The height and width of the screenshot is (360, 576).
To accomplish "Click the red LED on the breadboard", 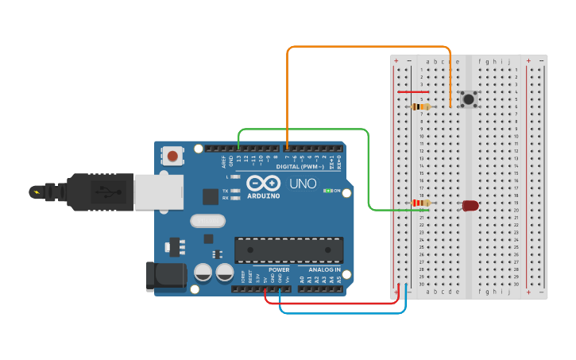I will (470, 205).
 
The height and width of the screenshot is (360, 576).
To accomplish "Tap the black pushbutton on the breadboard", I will (469, 99).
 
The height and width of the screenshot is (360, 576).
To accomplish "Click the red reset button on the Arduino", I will (172, 156).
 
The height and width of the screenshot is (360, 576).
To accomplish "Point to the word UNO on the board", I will (303, 184).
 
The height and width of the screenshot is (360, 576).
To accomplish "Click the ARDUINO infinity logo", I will (262, 183).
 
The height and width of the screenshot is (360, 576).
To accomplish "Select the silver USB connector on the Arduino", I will (158, 192).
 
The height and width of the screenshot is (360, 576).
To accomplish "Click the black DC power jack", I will (165, 276).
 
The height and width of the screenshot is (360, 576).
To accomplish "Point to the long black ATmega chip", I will (288, 250).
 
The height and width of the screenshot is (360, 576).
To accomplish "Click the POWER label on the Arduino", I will (278, 269).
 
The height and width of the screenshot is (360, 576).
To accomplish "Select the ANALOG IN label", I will (324, 269).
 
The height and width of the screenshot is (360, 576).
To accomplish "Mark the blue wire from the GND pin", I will (342, 312).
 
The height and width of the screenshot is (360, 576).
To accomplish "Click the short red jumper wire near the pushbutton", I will (413, 91).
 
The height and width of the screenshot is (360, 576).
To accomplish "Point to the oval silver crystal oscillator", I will (208, 221).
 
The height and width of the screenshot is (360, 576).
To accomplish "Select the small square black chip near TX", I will (211, 196).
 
